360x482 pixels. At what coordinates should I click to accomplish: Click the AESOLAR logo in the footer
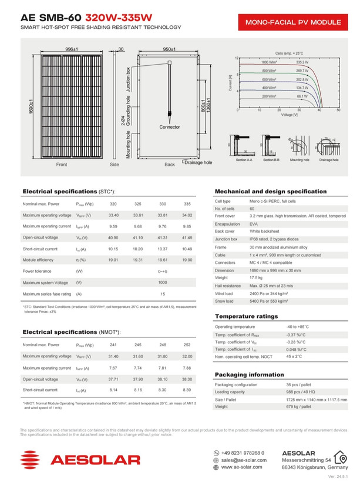click(80, 459)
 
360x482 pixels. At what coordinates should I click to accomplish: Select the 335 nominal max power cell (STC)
click(187, 204)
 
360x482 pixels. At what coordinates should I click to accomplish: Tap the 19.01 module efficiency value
click(113, 259)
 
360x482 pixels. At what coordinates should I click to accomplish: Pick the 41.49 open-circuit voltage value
click(187, 237)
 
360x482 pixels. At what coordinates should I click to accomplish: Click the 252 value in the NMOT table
click(187, 345)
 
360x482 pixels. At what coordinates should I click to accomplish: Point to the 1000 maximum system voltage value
click(163, 283)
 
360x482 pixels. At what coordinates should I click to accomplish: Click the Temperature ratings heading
click(247, 317)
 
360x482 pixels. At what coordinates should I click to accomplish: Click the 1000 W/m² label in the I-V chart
click(269, 62)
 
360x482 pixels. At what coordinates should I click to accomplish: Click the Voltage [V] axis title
click(290, 114)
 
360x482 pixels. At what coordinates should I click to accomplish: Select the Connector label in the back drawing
click(170, 127)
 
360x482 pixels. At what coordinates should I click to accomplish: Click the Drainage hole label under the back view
click(198, 162)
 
